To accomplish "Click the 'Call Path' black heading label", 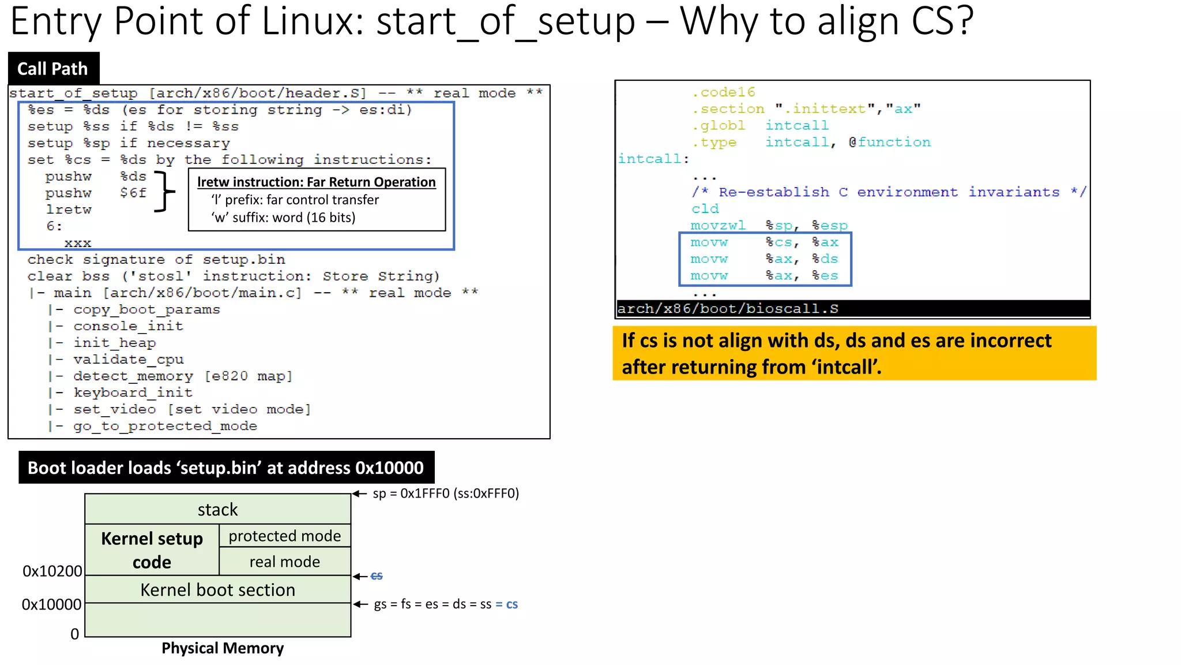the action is pos(53,69).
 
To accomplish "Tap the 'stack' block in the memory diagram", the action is pos(217,510).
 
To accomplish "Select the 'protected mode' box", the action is pos(284,536).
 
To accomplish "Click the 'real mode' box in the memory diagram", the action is pos(284,562).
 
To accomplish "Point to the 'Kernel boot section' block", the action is pos(217,590).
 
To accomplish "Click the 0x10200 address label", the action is pos(52,571).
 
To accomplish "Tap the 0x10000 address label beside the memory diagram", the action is pos(51,604).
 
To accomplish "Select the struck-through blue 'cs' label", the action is pos(377,576).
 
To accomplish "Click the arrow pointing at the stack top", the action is pos(360,494).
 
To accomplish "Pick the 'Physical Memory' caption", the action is pos(223,648).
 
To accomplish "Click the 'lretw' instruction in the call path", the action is pos(69,210).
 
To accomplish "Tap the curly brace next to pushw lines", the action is pos(164,192).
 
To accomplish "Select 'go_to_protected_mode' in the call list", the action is pos(165,426).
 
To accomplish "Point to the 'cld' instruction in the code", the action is pos(705,209).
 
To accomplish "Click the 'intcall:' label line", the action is pos(653,159).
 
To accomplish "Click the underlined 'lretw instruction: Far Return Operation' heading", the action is pos(317,182).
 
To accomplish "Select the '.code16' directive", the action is pos(723,92).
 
